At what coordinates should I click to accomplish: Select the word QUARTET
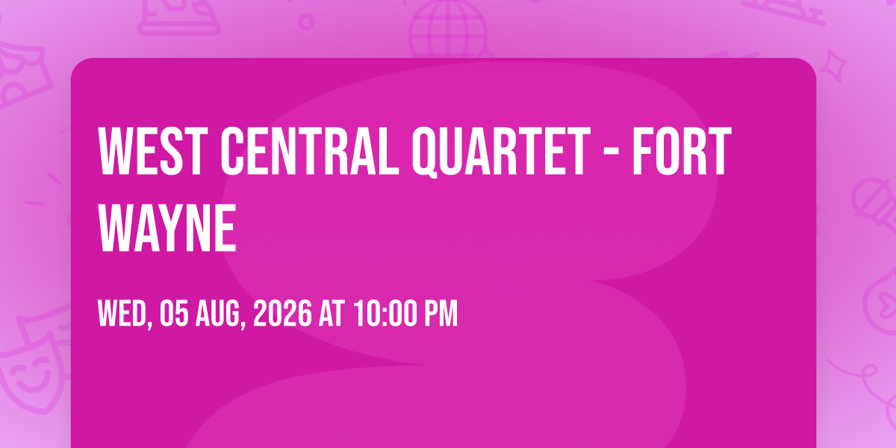501,152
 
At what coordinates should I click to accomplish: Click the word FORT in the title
682,151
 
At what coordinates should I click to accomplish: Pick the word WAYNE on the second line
167,228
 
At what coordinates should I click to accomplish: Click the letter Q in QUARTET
425,152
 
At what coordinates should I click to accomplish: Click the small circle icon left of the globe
306,22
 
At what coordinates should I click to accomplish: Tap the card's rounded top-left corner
76,63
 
